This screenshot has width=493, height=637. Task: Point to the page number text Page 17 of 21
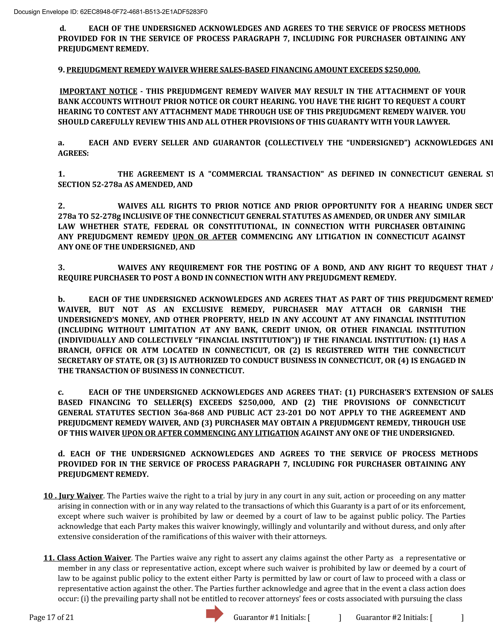pyautogui.click(x=51, y=617)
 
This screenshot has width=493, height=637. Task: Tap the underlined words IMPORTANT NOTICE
pyautogui.click(x=98, y=91)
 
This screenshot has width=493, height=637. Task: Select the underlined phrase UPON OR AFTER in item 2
pyautogui.click(x=205, y=237)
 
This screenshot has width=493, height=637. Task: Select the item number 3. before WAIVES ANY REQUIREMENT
pyautogui.click(x=61, y=268)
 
